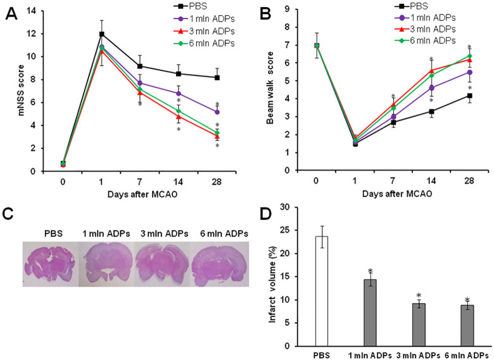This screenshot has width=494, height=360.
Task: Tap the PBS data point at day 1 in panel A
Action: pyautogui.click(x=101, y=34)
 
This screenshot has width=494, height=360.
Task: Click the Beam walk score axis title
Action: pyautogui.click(x=270, y=90)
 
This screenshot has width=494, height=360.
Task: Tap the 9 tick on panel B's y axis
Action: pyautogui.click(x=289, y=10)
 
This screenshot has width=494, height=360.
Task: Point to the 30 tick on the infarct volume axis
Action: pyautogui.click(x=304, y=207)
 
